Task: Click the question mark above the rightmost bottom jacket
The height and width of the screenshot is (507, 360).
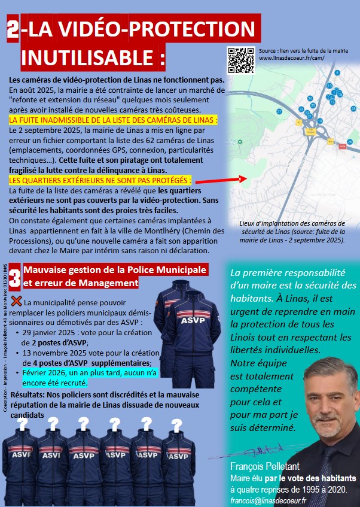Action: point(176,425)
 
